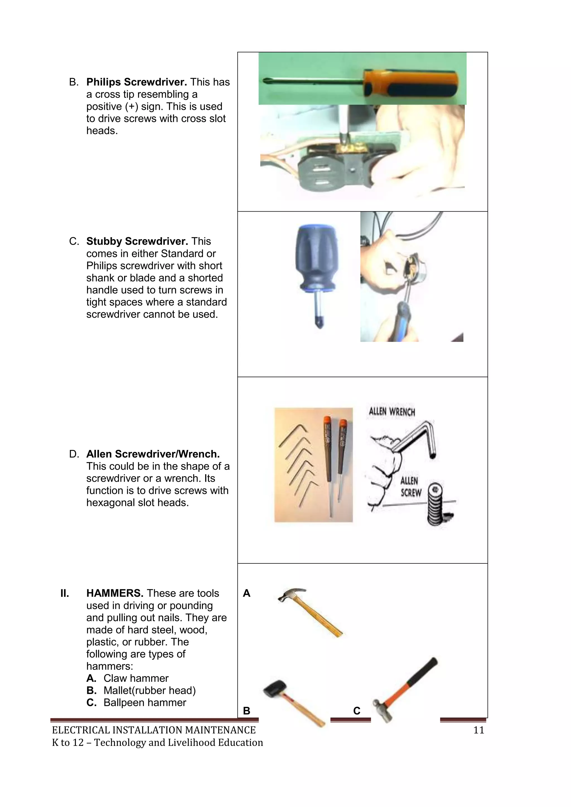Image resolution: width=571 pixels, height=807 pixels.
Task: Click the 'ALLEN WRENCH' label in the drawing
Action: (x=392, y=412)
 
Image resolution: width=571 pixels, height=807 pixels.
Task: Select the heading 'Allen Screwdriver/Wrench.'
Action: (x=153, y=454)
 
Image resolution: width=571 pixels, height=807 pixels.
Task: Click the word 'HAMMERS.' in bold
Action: (x=115, y=593)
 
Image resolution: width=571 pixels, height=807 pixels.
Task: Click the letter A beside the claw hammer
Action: (x=246, y=593)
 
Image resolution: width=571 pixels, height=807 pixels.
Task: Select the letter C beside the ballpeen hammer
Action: (x=357, y=711)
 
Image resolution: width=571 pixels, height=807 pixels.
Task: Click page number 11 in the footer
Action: (x=478, y=730)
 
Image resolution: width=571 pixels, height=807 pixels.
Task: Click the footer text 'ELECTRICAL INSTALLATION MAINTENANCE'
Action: (x=154, y=730)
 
